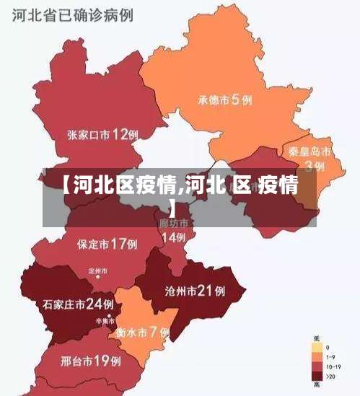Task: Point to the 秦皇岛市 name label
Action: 309,152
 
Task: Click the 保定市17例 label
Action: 107,244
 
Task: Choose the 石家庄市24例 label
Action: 78,304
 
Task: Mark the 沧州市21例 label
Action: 195,291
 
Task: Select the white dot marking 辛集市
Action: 110,316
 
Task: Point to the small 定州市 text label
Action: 97,270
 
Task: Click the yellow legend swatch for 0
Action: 316,347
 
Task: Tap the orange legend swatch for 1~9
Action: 316,356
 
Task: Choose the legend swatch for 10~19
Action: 316,366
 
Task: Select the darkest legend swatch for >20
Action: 316,375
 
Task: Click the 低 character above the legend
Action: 316,338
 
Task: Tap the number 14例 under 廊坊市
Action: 173,237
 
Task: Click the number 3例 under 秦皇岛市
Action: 314,166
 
